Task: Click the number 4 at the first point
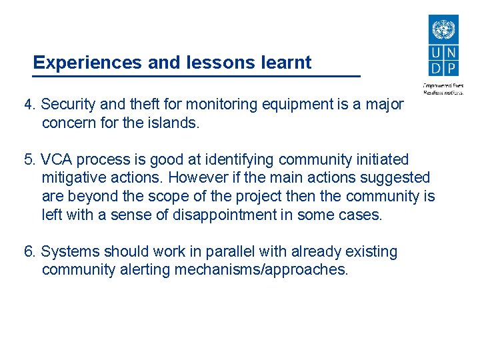[x=28, y=105]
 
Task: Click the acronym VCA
[x=57, y=160]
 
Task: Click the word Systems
[x=69, y=252]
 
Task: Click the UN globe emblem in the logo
[x=442, y=30]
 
